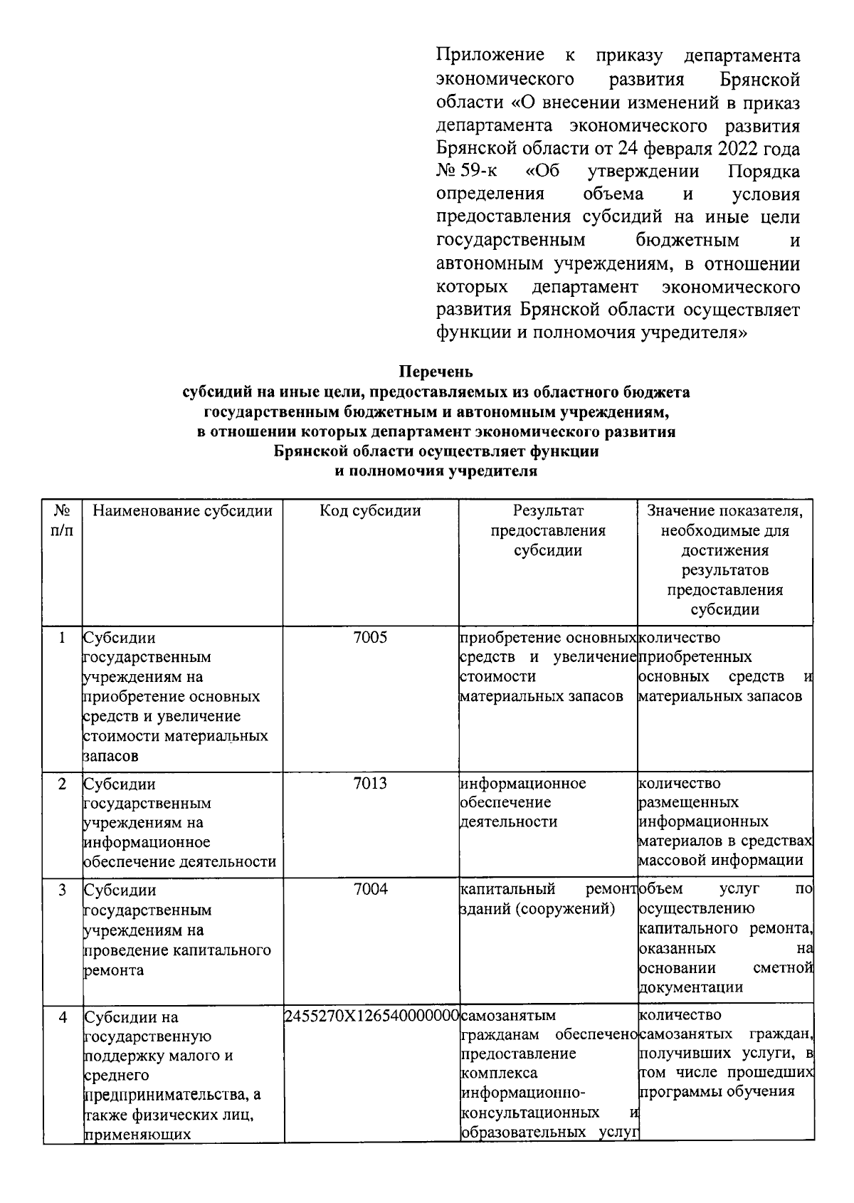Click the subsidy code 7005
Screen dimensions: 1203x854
pos(370,638)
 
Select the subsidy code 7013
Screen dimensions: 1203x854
pos(370,784)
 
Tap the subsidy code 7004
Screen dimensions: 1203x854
pos(370,889)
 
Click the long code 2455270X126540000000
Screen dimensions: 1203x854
pos(370,1016)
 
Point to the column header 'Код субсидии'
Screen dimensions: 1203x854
pos(370,511)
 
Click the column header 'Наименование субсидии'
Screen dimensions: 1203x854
pos(183,511)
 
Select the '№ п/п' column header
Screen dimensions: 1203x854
pos(63,520)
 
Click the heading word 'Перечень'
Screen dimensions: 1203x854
pos(436,372)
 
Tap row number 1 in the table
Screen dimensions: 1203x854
pos(63,638)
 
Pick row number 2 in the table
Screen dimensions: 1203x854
pos(63,784)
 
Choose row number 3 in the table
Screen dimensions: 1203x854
pos(63,890)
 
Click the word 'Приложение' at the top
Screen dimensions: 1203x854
pos(490,56)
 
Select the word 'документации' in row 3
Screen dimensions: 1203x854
pos(691,987)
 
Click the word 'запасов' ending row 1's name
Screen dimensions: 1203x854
pos(111,756)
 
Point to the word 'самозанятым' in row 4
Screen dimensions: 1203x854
pos(508,1015)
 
